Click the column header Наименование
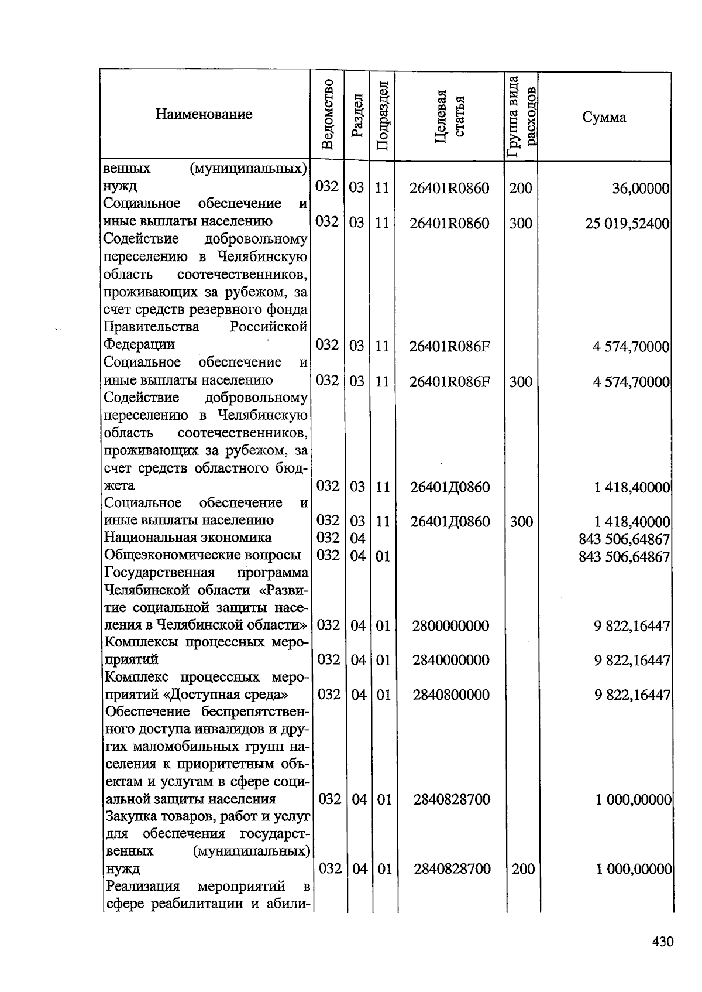204,114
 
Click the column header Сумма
604,118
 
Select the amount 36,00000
641,189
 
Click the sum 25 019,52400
627,223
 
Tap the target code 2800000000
450,626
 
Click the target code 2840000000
450,661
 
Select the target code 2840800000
450,695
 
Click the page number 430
663,942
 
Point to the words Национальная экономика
187,538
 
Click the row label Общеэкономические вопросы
202,555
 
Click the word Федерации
139,344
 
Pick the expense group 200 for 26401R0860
521,189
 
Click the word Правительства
151,327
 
